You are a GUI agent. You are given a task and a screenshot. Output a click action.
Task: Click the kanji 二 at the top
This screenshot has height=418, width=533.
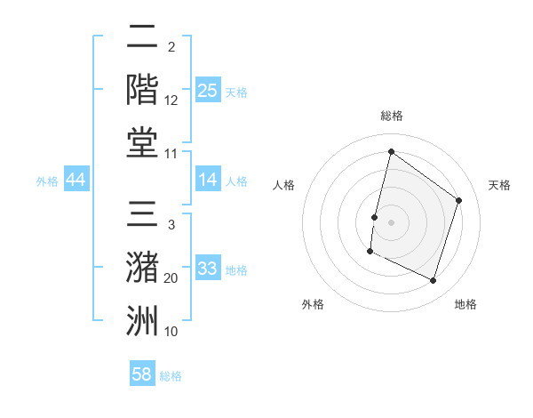pos(143,38)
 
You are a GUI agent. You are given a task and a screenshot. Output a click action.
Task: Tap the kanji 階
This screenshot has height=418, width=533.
pos(143,90)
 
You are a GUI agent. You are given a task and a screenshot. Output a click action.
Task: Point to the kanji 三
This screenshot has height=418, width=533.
pos(143,217)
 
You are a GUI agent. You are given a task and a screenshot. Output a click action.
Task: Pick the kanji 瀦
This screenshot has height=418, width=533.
pos(143,269)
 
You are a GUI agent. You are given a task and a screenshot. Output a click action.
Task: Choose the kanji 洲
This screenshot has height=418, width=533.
pos(143,321)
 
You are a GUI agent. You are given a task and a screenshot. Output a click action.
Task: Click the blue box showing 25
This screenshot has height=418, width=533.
pos(208,90)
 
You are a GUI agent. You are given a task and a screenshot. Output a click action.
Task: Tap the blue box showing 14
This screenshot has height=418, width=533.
pos(208,180)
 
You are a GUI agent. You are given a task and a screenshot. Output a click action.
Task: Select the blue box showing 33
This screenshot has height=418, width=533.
pos(208,269)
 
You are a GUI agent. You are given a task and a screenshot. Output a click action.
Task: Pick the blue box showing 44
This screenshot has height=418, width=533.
pos(76,180)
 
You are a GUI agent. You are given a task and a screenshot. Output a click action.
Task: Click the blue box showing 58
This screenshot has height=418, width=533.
pos(142,374)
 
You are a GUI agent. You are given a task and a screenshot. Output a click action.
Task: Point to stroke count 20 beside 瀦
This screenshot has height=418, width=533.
pos(171,278)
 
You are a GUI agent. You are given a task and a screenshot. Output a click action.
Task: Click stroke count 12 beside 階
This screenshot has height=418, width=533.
pos(171,100)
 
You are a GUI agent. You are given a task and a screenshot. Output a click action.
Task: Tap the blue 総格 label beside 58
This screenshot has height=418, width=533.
pos(171,376)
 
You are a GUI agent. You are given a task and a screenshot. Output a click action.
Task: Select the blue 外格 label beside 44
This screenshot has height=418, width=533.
pos(47,181)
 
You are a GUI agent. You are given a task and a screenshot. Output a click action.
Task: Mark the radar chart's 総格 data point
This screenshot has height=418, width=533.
pos(391,151)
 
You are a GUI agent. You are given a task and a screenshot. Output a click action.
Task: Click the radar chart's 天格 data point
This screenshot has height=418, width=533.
pos(459,200)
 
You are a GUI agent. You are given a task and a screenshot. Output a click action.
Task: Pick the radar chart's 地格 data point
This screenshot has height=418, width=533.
pos(434,281)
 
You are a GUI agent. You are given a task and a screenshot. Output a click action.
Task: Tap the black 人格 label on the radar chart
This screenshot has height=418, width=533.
pos(284,185)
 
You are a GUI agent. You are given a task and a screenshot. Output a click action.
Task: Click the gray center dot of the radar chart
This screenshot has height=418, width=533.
pos(391,222)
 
